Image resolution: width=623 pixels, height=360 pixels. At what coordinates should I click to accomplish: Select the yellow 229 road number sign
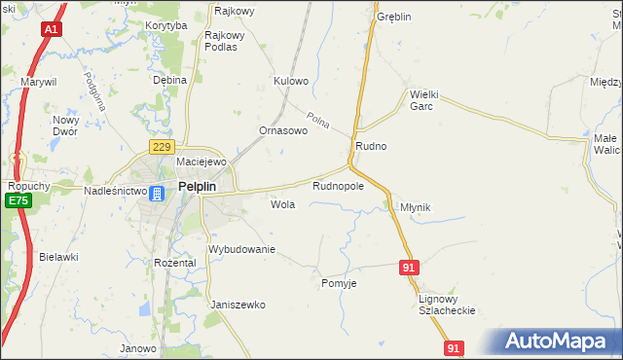tap(161, 146)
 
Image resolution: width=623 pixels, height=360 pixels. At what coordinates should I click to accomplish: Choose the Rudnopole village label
tap(338, 185)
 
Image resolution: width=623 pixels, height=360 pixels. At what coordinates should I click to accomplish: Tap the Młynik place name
tap(415, 207)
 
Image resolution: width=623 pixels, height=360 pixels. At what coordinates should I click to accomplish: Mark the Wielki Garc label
tap(425, 100)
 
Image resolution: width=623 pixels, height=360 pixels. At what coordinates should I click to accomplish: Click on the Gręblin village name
tap(394, 18)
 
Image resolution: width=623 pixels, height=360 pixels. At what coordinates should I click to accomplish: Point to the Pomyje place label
tap(340, 283)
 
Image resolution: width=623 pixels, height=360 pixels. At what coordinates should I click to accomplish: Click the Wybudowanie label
tap(242, 250)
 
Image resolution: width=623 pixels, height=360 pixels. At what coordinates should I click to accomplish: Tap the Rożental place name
tap(175, 263)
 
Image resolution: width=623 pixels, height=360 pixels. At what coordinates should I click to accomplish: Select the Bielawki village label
tap(58, 257)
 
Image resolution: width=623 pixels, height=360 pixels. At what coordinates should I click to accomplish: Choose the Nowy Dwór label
tap(65, 126)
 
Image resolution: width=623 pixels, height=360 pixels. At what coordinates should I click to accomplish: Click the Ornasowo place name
tap(283, 130)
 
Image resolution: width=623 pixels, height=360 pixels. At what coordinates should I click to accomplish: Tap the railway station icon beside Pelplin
tap(158, 192)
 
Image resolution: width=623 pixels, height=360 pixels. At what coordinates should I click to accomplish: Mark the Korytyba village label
tap(165, 25)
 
